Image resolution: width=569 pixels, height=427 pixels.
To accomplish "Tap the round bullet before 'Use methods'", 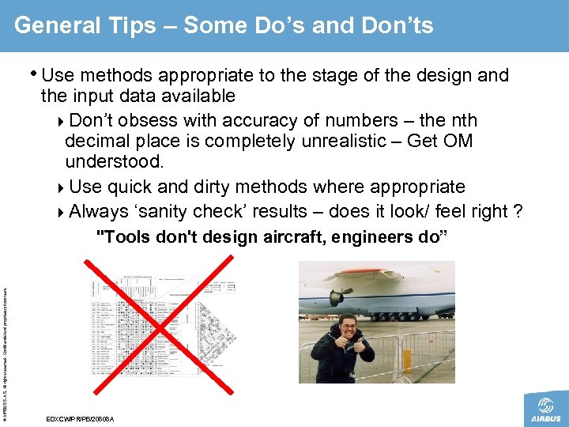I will (35, 74).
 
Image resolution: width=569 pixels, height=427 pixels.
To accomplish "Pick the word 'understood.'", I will (115, 162).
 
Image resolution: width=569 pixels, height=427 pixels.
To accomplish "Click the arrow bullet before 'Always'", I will (62, 212).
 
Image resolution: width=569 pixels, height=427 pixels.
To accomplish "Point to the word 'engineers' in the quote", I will (367, 237).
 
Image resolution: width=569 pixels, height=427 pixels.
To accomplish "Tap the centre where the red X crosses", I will (162, 326).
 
